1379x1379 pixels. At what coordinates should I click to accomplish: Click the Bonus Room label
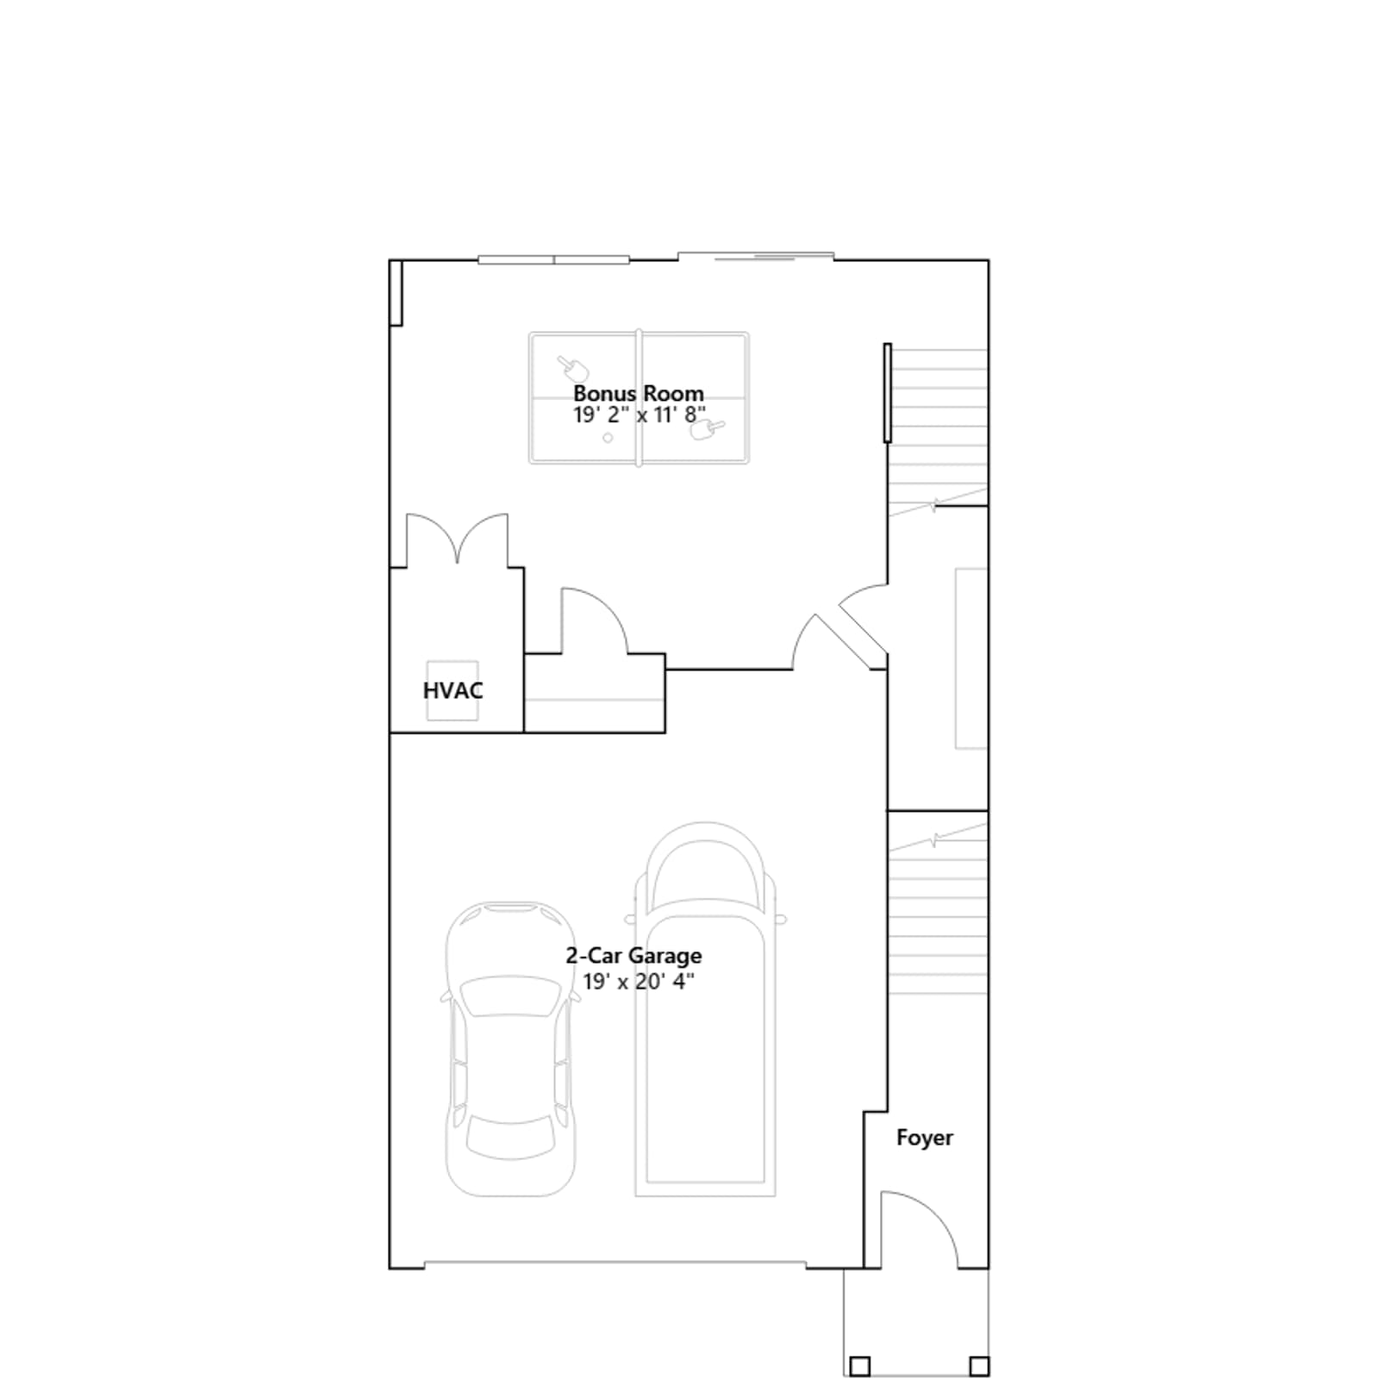click(x=639, y=394)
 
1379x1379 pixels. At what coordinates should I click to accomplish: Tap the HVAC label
click(x=452, y=690)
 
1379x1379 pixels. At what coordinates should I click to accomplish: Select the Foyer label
click(x=925, y=1138)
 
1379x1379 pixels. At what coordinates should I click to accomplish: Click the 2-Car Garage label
click(x=633, y=956)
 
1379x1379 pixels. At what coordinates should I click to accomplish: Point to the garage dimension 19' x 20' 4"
click(x=639, y=982)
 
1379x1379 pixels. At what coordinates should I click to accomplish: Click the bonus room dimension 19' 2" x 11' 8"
click(x=640, y=415)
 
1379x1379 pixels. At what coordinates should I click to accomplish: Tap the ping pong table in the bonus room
click(x=639, y=398)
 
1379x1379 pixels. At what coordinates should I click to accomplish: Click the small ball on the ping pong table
click(x=608, y=438)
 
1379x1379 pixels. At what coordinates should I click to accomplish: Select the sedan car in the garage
click(x=510, y=1049)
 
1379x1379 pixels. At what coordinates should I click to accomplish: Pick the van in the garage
click(x=705, y=1009)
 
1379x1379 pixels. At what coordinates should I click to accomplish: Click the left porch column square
click(x=859, y=1366)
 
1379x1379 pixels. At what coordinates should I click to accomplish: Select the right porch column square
click(x=979, y=1366)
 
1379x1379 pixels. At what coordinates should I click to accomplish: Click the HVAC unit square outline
click(x=452, y=690)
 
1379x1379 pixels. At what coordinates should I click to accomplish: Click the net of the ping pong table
click(x=639, y=398)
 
